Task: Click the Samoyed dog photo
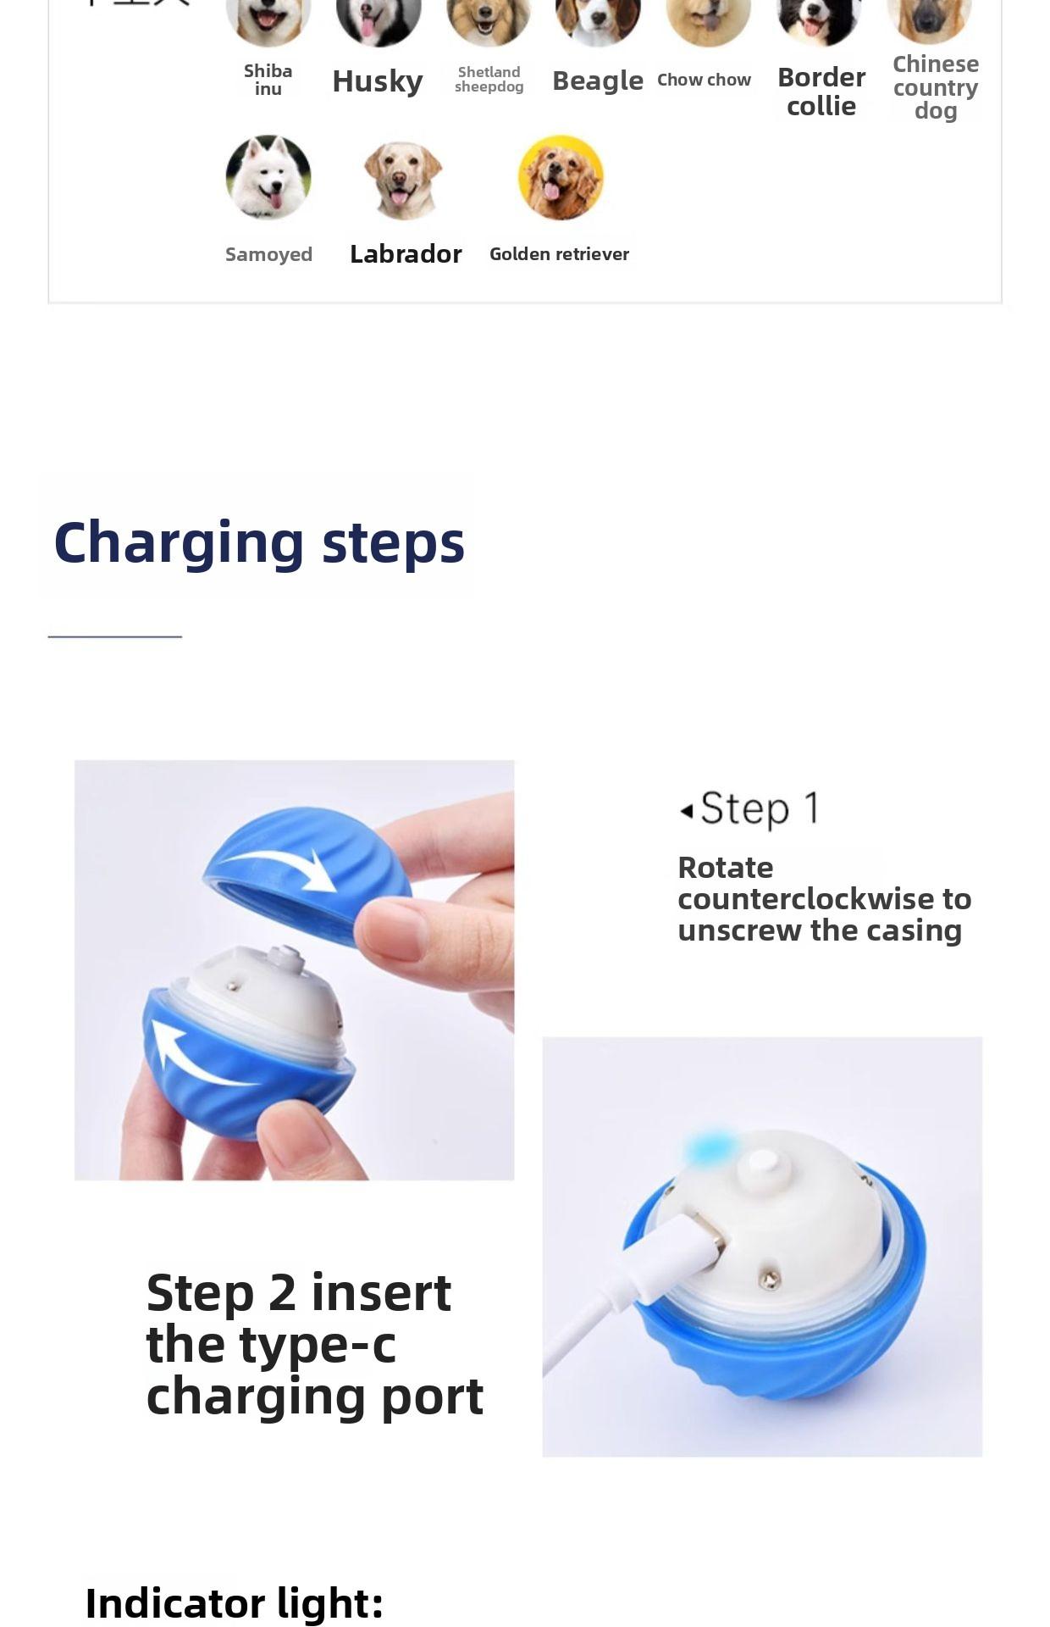click(x=268, y=177)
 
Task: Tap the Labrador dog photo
click(x=403, y=180)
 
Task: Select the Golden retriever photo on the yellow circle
click(x=561, y=178)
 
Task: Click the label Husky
click(x=377, y=81)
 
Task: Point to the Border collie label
click(x=821, y=92)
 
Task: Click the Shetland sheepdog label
click(x=489, y=80)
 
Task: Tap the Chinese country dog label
click(x=935, y=87)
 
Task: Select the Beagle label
click(x=597, y=81)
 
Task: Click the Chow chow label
click(x=704, y=80)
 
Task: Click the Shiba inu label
click(x=268, y=80)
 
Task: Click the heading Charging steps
click(x=259, y=542)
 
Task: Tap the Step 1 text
click(x=759, y=808)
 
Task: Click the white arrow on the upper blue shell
click(x=288, y=869)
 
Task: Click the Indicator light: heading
click(x=234, y=1603)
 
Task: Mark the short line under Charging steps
click(x=114, y=636)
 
